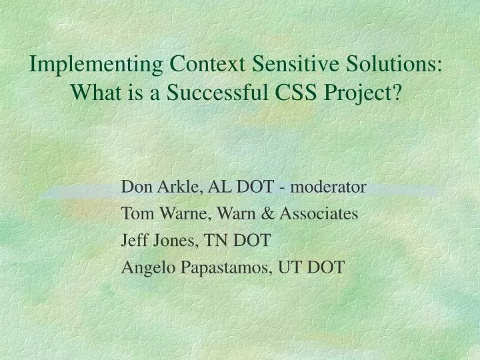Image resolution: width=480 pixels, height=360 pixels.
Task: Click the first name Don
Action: tap(136, 187)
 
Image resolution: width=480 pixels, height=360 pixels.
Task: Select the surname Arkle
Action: tap(178, 187)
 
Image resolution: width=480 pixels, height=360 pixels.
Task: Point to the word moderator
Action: tap(328, 187)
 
